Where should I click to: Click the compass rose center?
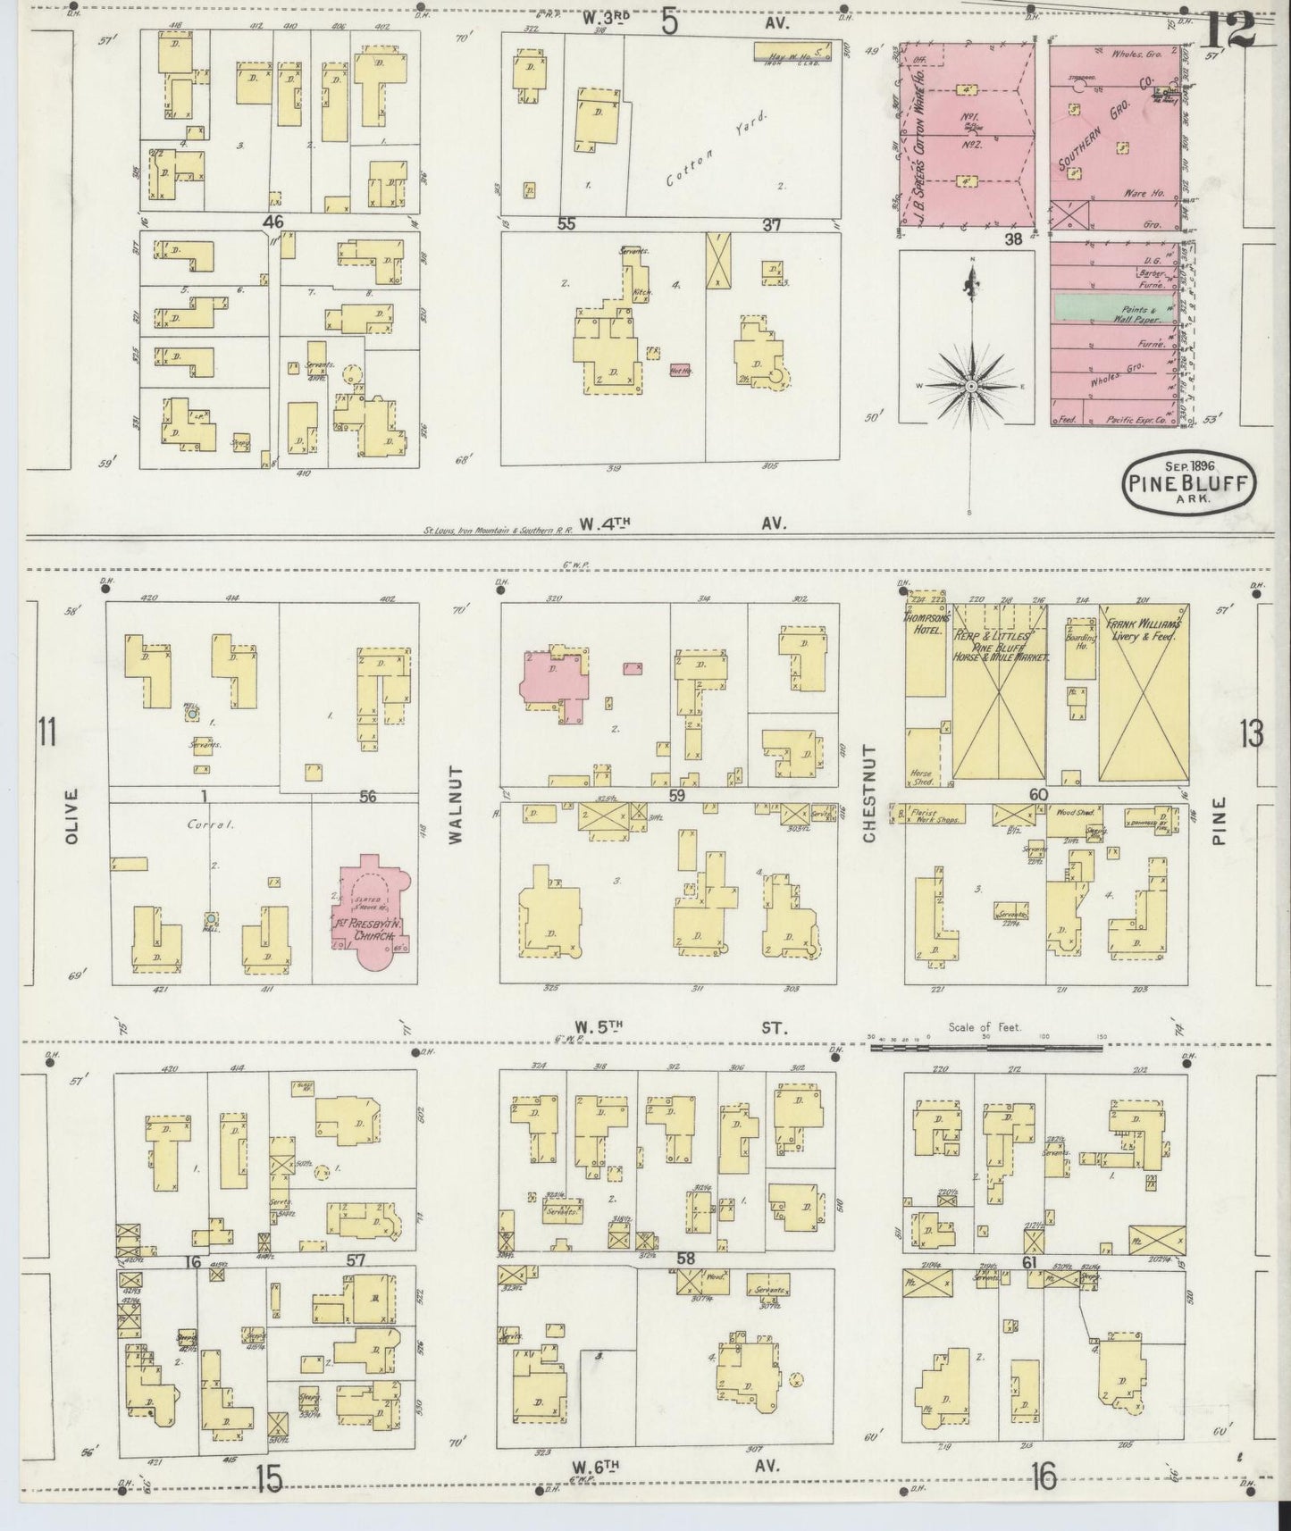(970, 386)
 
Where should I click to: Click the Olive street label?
(72, 815)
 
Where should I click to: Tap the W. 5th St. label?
(682, 1027)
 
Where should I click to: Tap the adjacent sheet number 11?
(46, 733)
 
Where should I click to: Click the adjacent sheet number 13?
(1251, 734)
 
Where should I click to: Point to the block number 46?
(273, 221)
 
